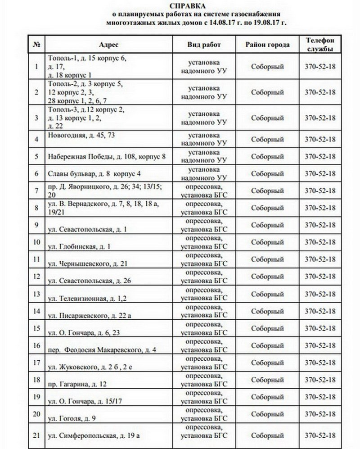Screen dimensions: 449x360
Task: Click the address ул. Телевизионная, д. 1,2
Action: click(x=89, y=298)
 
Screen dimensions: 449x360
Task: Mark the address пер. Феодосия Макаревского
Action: click(x=102, y=349)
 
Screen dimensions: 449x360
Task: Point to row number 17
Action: click(x=37, y=362)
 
